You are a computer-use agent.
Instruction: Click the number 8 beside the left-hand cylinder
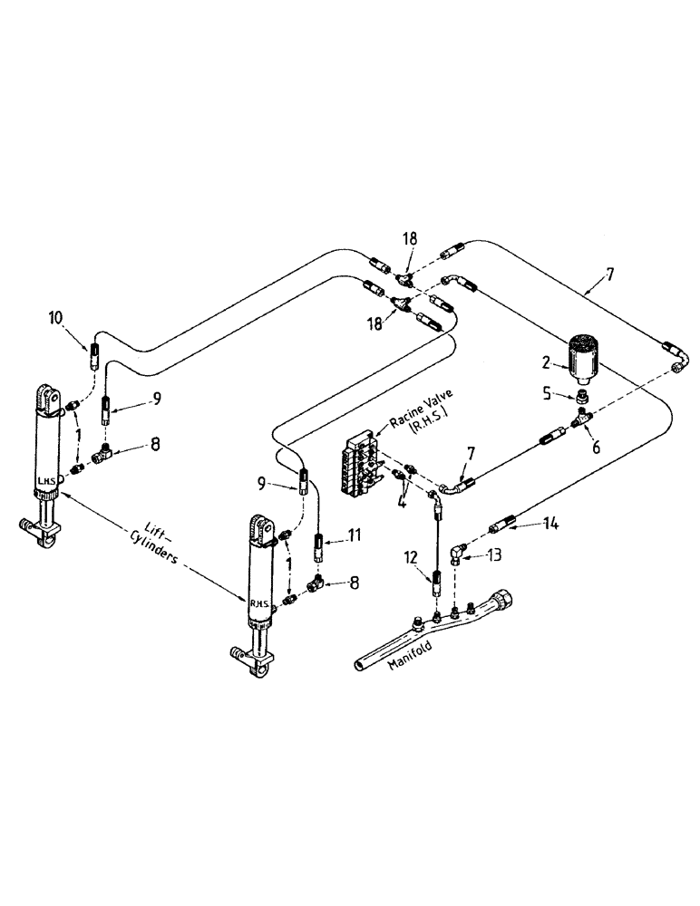click(x=155, y=445)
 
